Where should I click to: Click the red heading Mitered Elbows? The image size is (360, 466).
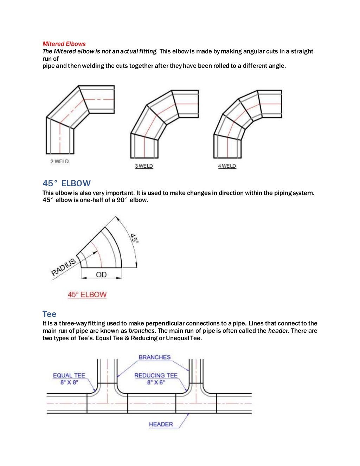point(64,44)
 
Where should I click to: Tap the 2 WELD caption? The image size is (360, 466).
point(59,161)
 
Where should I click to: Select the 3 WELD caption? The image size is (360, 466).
point(144,166)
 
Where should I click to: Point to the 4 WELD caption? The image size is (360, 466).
point(227,166)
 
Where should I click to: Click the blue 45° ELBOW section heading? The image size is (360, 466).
point(66,183)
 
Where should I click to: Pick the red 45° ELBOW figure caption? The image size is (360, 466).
point(87,295)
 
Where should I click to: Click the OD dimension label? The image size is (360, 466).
point(101,274)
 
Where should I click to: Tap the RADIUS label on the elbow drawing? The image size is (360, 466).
point(64,267)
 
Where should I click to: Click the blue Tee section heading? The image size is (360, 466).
point(49,314)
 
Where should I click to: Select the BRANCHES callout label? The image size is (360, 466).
point(154,357)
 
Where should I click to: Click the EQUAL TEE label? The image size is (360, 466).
point(69,375)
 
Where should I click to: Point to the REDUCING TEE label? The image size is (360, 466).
point(156,375)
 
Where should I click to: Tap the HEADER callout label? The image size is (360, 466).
point(161,424)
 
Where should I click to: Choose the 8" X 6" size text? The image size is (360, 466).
point(156,382)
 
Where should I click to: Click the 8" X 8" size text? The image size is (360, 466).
point(69,382)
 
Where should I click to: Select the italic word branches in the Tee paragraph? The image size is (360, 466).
point(141,331)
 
